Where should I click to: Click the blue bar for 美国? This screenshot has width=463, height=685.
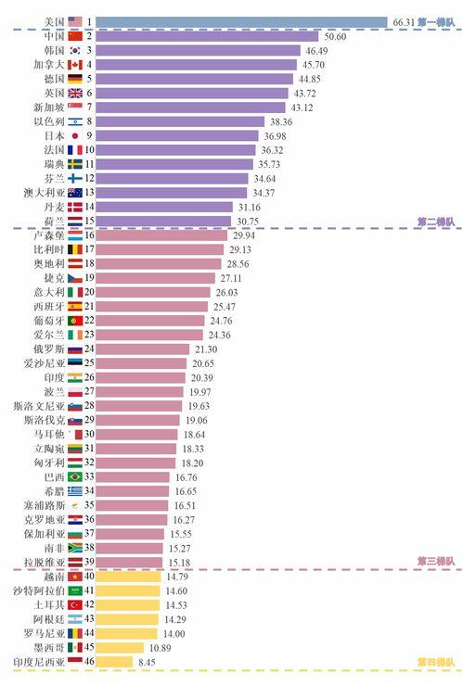coord(241,20)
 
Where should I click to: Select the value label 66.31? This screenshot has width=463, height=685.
coord(404,20)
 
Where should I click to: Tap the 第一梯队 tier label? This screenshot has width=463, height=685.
coord(437,20)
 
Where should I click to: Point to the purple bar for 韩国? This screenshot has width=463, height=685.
coord(199,50)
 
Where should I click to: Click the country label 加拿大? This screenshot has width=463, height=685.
coord(48,65)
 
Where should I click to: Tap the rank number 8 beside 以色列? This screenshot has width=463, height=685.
coord(89,121)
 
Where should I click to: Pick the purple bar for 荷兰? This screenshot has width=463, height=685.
coord(163,221)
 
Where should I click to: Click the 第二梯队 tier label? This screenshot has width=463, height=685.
coord(437,222)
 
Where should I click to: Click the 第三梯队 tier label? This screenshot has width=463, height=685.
coord(437,563)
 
